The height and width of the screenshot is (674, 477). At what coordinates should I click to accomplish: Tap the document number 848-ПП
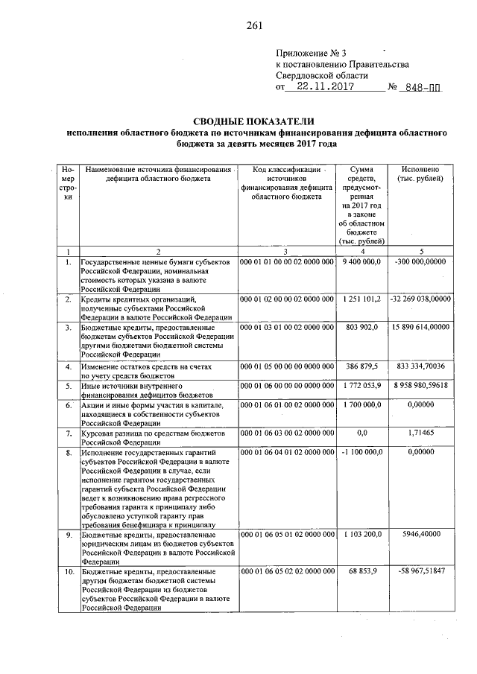pyautogui.click(x=420, y=87)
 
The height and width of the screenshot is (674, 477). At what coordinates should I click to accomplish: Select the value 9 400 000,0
pyautogui.click(x=361, y=262)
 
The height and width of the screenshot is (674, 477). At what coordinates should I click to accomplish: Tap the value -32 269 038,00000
pyautogui.click(x=421, y=299)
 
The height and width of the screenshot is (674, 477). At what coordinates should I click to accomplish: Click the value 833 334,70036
pyautogui.click(x=422, y=367)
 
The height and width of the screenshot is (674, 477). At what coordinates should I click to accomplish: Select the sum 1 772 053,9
pyautogui.click(x=361, y=387)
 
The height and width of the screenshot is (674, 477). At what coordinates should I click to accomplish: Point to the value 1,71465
pyautogui.click(x=422, y=432)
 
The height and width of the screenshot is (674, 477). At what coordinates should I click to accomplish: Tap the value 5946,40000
pyautogui.click(x=422, y=535)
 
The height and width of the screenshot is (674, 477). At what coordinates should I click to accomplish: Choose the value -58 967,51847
pyautogui.click(x=422, y=570)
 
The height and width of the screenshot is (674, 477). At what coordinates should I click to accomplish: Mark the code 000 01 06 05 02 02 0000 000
pyautogui.click(x=286, y=570)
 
